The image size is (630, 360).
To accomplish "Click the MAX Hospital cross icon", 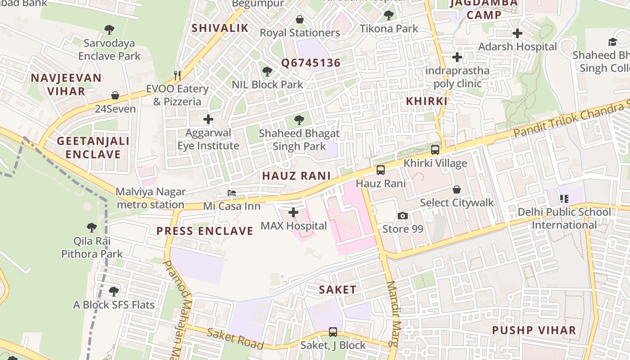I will pyautogui.click(x=293, y=212).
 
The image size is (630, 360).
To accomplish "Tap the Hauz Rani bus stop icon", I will pyautogui.click(x=381, y=170).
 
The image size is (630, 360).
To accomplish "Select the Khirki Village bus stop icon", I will pyautogui.click(x=435, y=150).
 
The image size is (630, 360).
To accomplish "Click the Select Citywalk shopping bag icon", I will pyautogui.click(x=457, y=189).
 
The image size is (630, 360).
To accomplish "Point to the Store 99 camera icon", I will pyautogui.click(x=403, y=216).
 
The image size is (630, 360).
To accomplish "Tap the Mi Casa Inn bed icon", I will pyautogui.click(x=232, y=193).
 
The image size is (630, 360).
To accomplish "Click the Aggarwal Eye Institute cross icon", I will pyautogui.click(x=208, y=119).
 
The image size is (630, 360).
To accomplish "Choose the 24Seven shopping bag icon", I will pyautogui.click(x=115, y=95).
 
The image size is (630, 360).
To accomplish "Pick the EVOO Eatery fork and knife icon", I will pyautogui.click(x=178, y=75).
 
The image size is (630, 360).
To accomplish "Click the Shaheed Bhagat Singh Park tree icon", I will pyautogui.click(x=299, y=120).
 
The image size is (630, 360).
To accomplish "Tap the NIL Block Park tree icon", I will pyautogui.click(x=267, y=71).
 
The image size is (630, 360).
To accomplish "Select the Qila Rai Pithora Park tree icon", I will pyautogui.click(x=92, y=227).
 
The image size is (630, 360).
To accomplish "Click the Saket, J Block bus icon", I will pyautogui.click(x=333, y=332).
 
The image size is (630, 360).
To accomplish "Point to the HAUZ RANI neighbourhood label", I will pyautogui.click(x=296, y=176).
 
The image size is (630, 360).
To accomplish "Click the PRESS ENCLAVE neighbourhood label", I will pyautogui.click(x=205, y=231).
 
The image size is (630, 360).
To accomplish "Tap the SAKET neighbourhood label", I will pyautogui.click(x=337, y=290).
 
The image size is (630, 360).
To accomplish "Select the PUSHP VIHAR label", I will pyautogui.click(x=534, y=330).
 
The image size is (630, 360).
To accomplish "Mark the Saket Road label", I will pyautogui.click(x=235, y=338).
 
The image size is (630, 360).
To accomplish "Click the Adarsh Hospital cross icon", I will pyautogui.click(x=517, y=33).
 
